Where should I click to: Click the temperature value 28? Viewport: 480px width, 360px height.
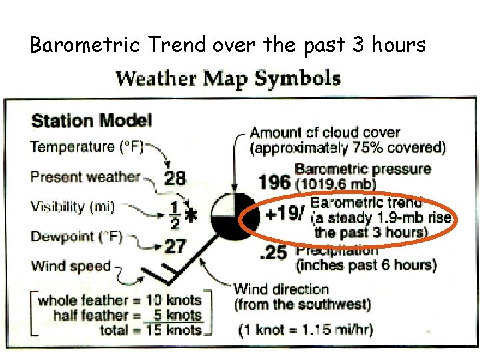175,178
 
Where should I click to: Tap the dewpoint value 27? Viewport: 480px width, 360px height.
175,247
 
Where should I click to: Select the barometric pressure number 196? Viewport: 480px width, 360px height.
273,181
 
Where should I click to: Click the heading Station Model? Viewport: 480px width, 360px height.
91,121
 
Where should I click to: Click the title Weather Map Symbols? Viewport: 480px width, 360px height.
228,79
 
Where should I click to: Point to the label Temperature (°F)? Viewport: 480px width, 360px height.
87,146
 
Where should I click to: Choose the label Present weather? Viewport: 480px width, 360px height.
85,177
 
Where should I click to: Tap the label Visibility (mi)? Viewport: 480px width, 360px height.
73,207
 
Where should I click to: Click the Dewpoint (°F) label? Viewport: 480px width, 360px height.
77,237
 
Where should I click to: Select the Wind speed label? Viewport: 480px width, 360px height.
71,266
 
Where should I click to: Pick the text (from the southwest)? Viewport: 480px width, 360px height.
302,305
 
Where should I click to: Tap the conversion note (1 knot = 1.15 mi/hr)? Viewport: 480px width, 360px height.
306,329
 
